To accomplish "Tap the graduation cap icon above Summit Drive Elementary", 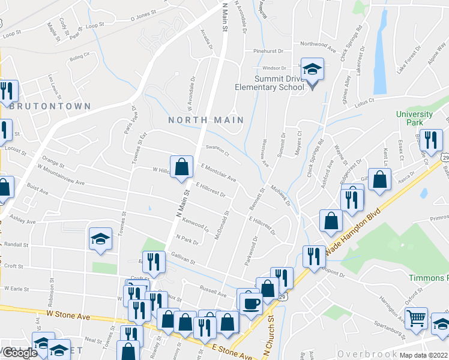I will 312,70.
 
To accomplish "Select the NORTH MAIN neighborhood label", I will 206,120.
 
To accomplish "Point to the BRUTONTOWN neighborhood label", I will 50,106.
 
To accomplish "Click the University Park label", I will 414,118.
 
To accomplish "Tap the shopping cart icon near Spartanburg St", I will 416,317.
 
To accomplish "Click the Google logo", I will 19,353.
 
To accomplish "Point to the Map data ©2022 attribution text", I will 423,355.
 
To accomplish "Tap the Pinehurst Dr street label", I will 267,51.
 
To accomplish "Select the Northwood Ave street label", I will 318,44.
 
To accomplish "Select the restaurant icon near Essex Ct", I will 430,140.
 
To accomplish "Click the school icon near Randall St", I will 101,238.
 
